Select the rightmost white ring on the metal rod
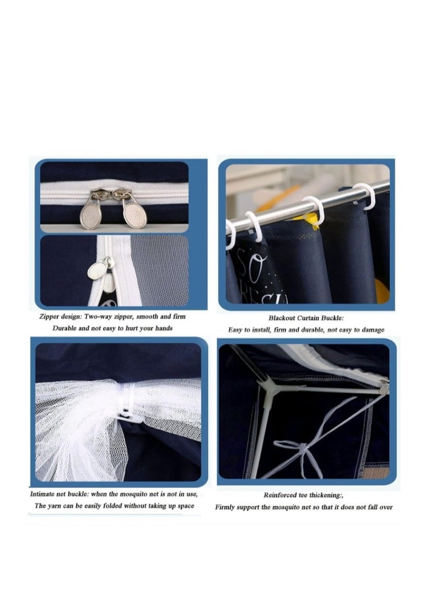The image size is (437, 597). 365,195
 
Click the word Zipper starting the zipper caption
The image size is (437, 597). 50,317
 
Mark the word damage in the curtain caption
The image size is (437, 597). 371,330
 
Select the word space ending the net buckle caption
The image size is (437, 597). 184,506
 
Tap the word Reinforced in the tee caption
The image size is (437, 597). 282,495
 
